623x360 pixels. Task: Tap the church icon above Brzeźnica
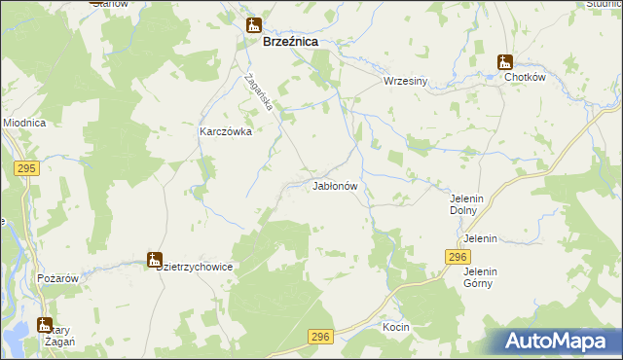pos(254,25)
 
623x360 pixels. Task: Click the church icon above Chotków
pos(505,60)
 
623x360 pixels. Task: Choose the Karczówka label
pos(226,131)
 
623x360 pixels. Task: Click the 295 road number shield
pos(26,169)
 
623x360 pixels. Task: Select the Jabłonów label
pos(337,185)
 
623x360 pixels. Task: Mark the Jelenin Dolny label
pos(467,203)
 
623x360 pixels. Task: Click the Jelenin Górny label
pos(479,277)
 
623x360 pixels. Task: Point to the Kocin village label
pos(396,328)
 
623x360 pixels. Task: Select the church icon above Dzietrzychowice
pos(154,260)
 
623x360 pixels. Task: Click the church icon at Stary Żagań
pos(44,325)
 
